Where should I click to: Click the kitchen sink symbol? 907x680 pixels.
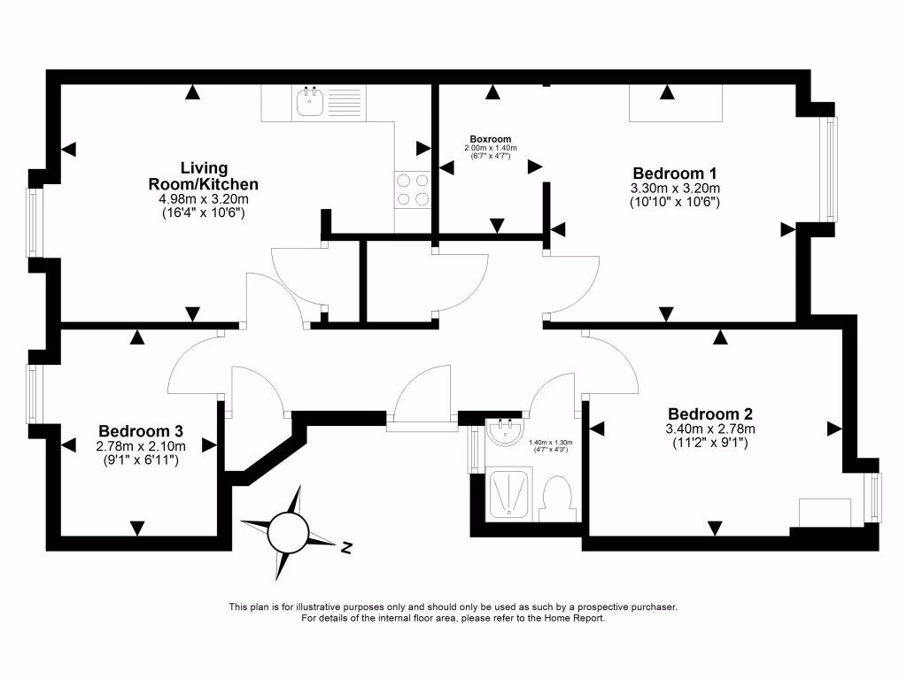310,104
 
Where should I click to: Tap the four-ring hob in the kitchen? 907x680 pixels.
413,189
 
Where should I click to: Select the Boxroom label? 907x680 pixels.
491,140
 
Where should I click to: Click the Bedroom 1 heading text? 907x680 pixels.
675,173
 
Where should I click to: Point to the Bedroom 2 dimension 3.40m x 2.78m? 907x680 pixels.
709,429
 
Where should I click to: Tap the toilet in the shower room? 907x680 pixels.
559,498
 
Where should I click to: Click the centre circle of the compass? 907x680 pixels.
287,532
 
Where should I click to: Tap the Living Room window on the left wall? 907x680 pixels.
34,222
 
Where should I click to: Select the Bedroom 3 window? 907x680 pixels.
33,394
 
